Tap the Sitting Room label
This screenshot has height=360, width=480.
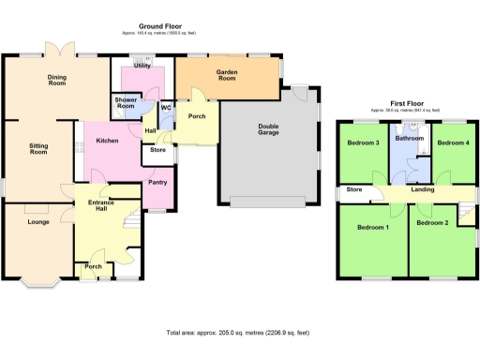38,148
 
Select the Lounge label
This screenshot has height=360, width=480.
38,222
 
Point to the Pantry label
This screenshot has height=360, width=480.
157,182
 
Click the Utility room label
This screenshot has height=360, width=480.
142,67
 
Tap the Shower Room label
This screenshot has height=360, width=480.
126,103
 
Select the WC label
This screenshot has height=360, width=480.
165,108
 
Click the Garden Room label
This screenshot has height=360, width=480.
227,76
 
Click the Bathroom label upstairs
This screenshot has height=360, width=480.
410,138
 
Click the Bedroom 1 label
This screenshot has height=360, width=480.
372,227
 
